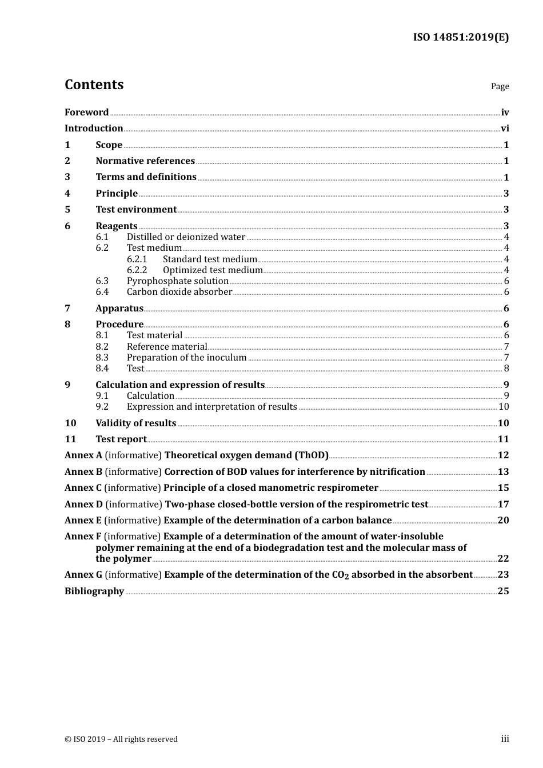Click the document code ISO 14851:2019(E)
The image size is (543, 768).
coord(461,38)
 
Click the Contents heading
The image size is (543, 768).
coord(94,85)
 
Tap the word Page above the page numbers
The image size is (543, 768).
coord(500,86)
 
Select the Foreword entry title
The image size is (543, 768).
coord(86,113)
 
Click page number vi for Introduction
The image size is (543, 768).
coord(505,129)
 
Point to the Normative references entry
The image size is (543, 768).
coord(145,161)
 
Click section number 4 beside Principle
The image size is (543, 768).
coord(67,194)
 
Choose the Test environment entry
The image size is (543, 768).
coord(136,210)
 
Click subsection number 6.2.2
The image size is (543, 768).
coord(137,270)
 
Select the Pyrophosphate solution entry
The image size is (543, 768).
coord(177,281)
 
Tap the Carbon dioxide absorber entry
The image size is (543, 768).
coord(179,292)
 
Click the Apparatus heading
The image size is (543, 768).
coord(119,309)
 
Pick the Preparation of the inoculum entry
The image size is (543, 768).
coord(186,358)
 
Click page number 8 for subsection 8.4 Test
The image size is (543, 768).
coord(506,369)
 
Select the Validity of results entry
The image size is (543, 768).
coord(135,423)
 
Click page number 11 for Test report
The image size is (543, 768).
coord(503,439)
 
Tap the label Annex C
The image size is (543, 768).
coord(83,488)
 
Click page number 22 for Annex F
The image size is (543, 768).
coord(503,559)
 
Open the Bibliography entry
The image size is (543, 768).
coord(94,591)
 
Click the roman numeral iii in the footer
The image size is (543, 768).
coord(505,739)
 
